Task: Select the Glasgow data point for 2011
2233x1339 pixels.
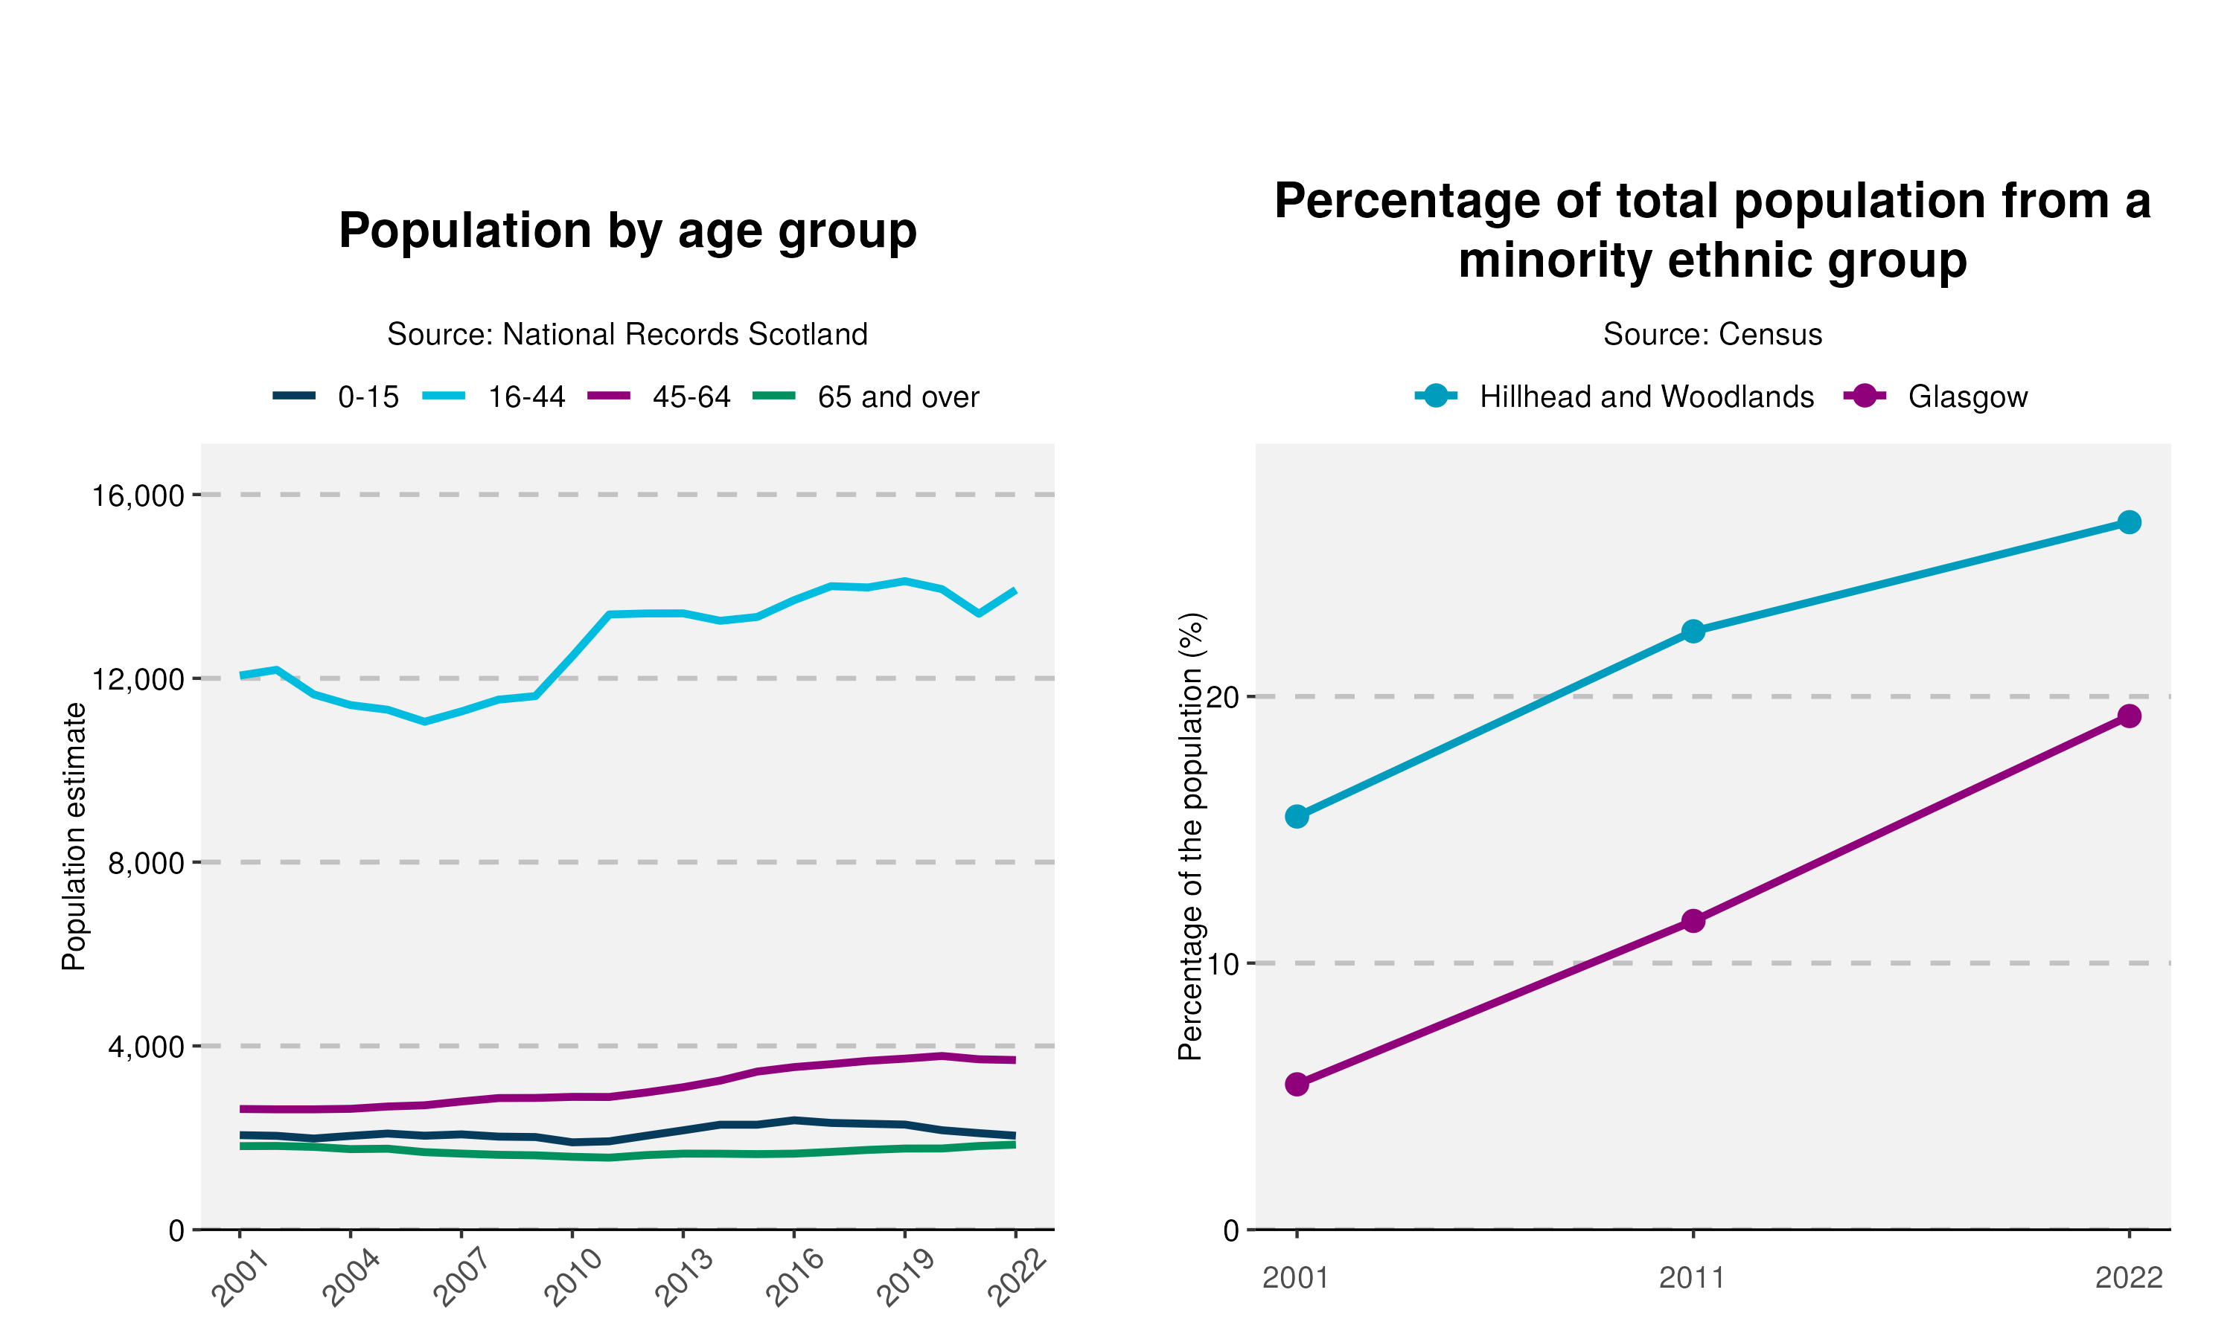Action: pyautogui.click(x=1693, y=921)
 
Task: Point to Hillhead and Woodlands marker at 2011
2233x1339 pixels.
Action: pyautogui.click(x=1693, y=631)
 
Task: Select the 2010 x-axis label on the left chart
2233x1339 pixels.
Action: pyautogui.click(x=572, y=1278)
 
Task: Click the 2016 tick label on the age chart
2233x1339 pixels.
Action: pyautogui.click(x=794, y=1278)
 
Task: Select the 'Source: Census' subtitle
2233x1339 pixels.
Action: pyautogui.click(x=1712, y=335)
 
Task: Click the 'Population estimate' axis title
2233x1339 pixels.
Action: pyautogui.click(x=74, y=836)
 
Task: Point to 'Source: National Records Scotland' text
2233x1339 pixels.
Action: pyautogui.click(x=627, y=335)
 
